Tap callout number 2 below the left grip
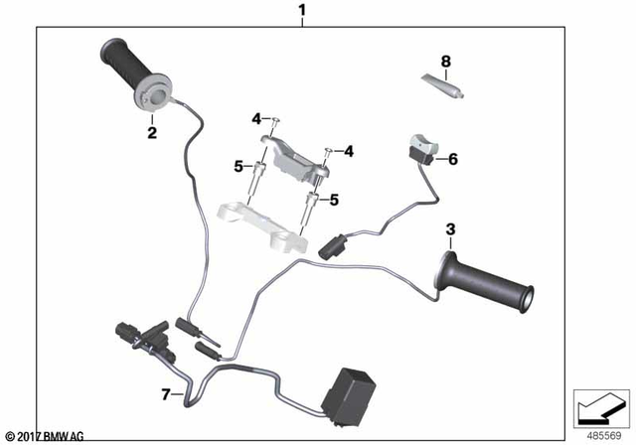[x=151, y=131]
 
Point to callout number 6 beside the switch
[x=452, y=159]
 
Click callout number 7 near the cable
[x=165, y=394]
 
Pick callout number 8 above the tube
[x=445, y=62]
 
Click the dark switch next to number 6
[x=421, y=148]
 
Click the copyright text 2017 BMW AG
[x=46, y=436]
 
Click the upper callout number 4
[x=256, y=119]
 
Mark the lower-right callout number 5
[x=334, y=200]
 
